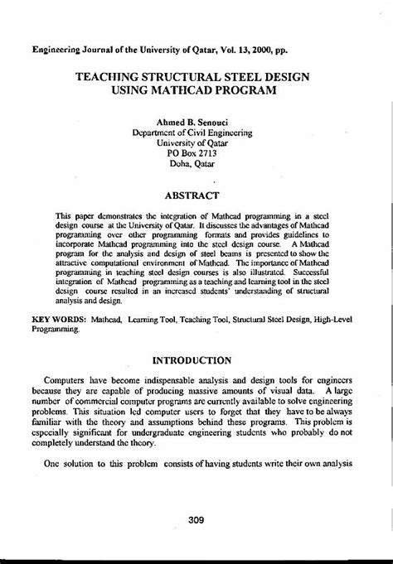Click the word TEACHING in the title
109,74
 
